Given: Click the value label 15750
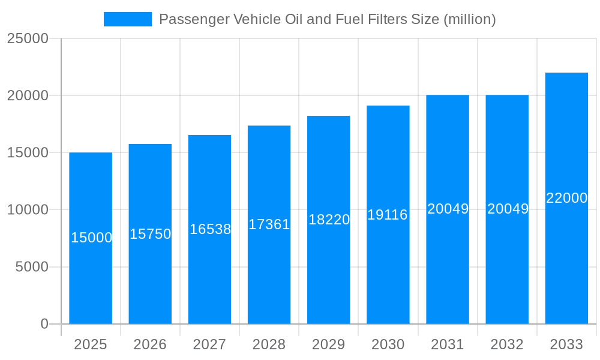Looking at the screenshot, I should pos(151,234).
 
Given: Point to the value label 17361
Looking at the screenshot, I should pos(269,224).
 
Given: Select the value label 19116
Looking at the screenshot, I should pos(388,215).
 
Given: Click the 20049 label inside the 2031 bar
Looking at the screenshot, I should pos(448,209).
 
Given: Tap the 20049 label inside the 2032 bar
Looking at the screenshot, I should pos(508,209).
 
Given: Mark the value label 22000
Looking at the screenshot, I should pos(566,198).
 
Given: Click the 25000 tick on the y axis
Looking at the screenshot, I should pos(27,38).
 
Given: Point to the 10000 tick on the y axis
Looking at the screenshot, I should pos(27,210).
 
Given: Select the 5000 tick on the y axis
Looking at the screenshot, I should pos(31,267).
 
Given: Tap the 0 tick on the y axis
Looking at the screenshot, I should pos(44,324).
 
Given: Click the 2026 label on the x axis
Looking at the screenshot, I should pos(150,344).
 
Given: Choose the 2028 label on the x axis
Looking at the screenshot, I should pos(269,344).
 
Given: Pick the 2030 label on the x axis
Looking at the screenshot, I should pos(388,344).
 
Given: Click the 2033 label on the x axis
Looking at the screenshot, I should pos(566,344).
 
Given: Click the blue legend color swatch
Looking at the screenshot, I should pos(128,19).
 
